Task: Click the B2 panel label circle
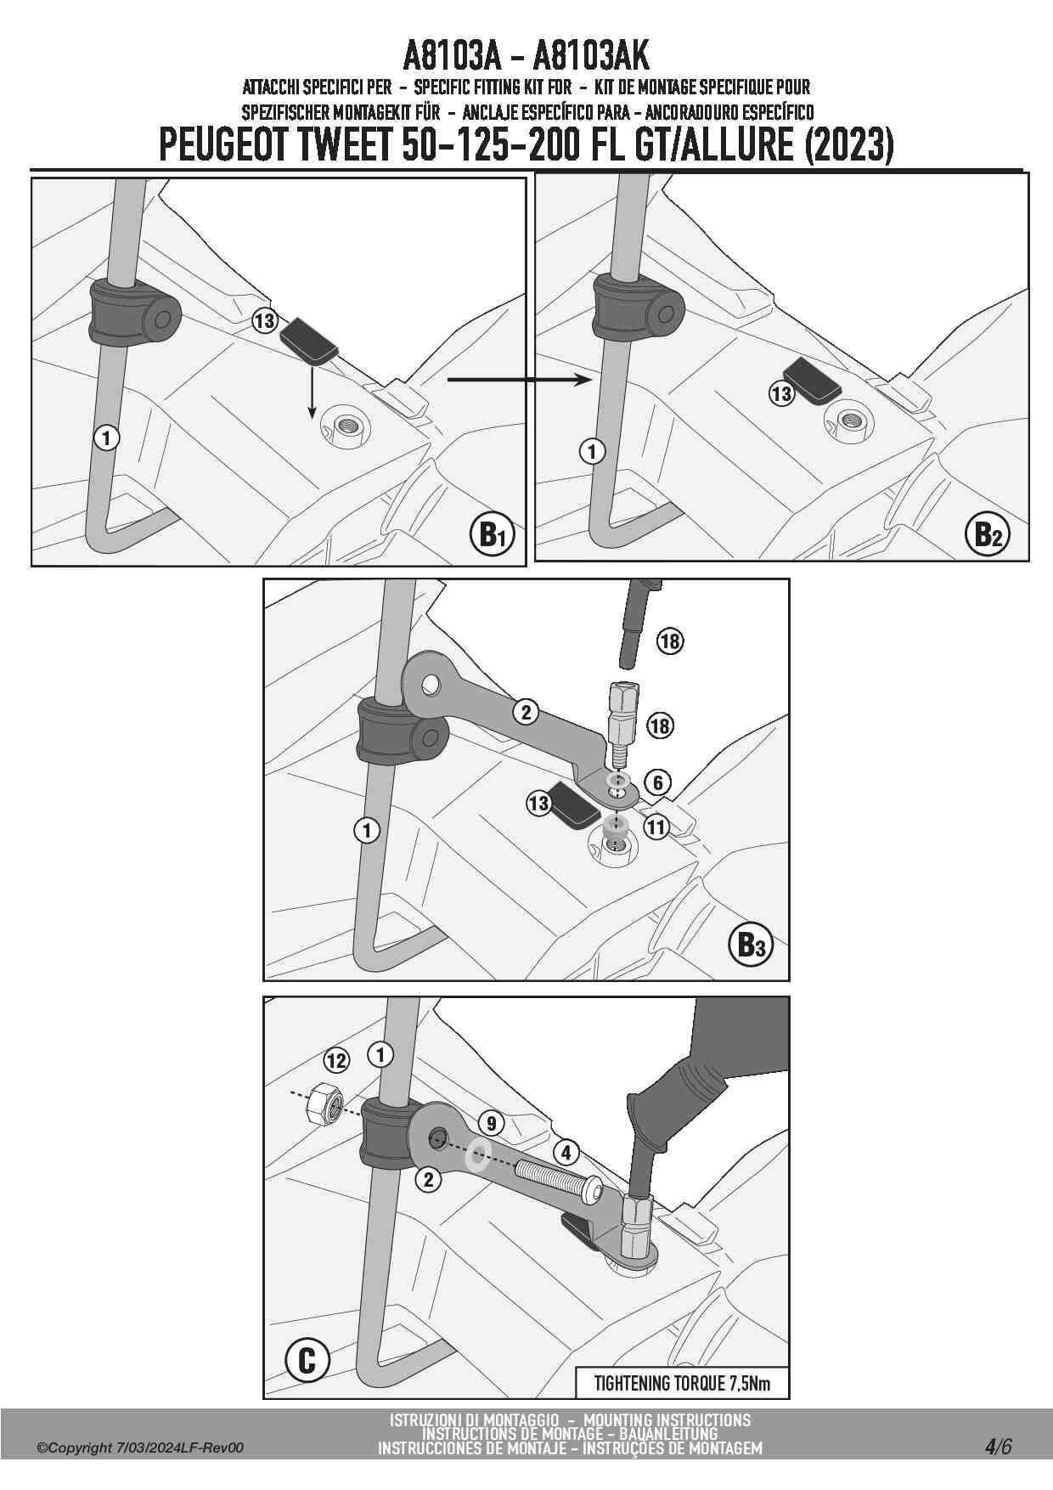click(x=988, y=533)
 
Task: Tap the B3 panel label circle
click(x=750, y=944)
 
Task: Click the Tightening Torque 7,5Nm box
click(x=682, y=1383)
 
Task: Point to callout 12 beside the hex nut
click(x=336, y=1060)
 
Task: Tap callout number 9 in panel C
click(x=491, y=1123)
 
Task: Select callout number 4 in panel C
click(x=566, y=1153)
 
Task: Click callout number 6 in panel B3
click(x=657, y=782)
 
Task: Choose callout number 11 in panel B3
click(x=656, y=826)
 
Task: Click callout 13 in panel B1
click(x=265, y=320)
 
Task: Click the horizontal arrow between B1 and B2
click(x=518, y=380)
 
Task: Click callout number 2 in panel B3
click(x=526, y=712)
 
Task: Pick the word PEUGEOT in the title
click(x=223, y=144)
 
